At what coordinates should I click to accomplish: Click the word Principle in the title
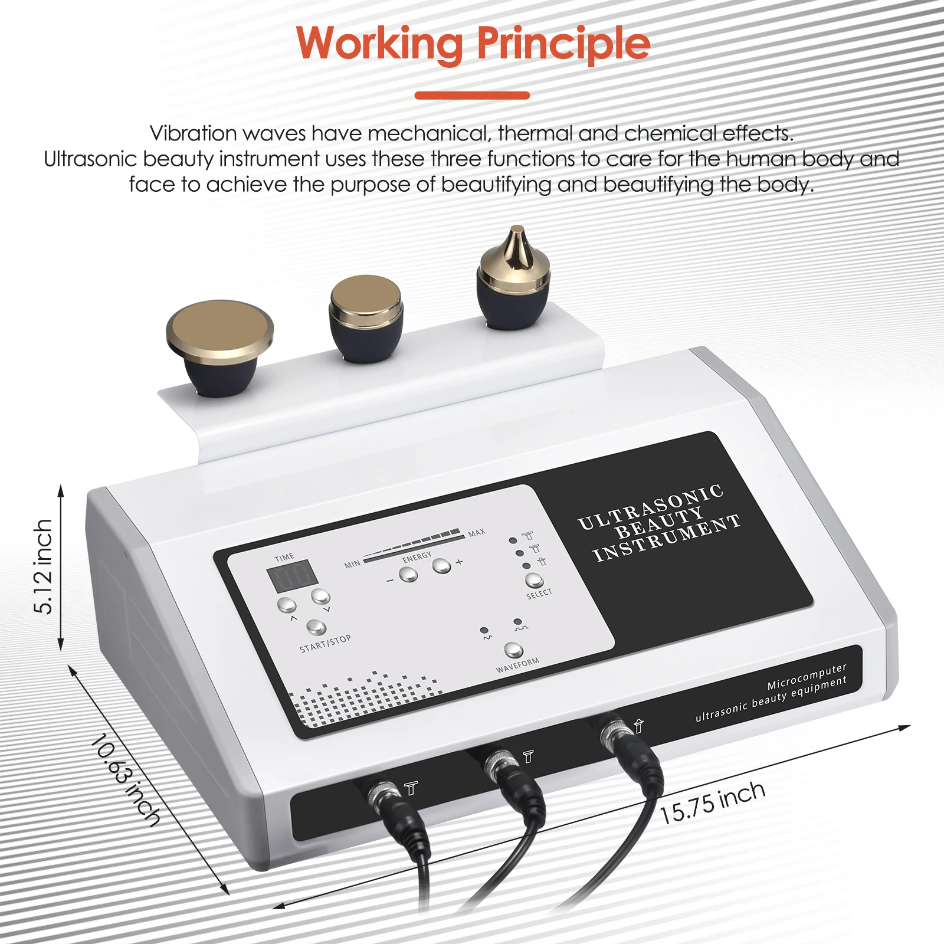[x=563, y=44]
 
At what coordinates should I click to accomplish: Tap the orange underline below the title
[x=472, y=95]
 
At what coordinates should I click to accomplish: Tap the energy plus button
[x=441, y=566]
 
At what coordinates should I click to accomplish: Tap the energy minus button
[x=408, y=574]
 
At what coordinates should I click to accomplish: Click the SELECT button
[x=534, y=580]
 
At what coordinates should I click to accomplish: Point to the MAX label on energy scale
[x=477, y=532]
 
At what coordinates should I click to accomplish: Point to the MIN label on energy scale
[x=352, y=564]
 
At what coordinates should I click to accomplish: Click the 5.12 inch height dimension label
[x=44, y=566]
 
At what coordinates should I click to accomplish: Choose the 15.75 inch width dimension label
[x=712, y=802]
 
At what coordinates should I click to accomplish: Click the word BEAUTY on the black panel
[x=659, y=522]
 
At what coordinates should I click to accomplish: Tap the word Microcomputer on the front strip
[x=807, y=677]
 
